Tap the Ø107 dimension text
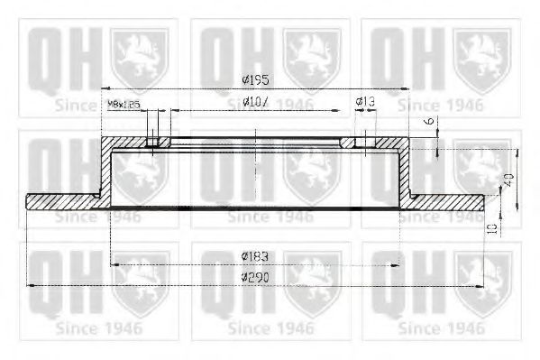pyautogui.click(x=256, y=104)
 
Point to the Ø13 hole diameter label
pyautogui.click(x=364, y=102)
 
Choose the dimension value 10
pyautogui.click(x=493, y=229)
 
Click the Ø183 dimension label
pyautogui.click(x=255, y=256)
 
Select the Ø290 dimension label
pyautogui.click(x=256, y=277)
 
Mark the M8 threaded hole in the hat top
pyautogui.click(x=152, y=143)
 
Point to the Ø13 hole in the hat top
pyautogui.click(x=362, y=143)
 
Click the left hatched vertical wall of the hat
pyautogui.click(x=105, y=171)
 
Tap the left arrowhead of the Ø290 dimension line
pyautogui.click(x=32, y=285)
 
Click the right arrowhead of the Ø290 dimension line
pyautogui.click(x=481, y=285)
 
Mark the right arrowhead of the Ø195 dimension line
pyautogui.click(x=410, y=89)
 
